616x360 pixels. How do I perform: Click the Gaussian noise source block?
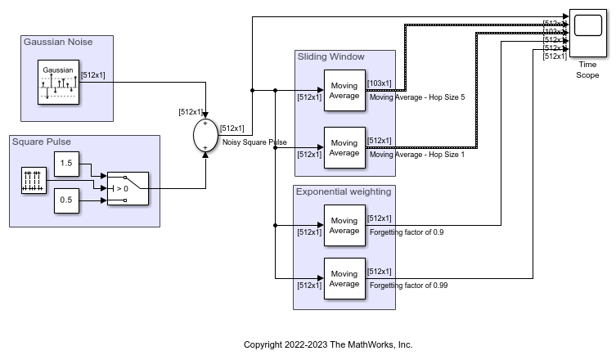point(58,83)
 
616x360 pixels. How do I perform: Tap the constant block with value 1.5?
point(67,164)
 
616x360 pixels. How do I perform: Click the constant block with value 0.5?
point(67,201)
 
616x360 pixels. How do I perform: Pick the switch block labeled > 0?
point(128,188)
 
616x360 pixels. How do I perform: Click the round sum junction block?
point(205,135)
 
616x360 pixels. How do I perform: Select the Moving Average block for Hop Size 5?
point(344,90)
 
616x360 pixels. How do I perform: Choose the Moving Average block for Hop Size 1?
point(344,147)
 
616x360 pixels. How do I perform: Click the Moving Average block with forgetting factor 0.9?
point(344,225)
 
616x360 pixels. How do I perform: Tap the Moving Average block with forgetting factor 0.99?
point(344,278)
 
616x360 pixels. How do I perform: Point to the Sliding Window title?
point(330,56)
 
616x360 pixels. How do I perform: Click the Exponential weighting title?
point(343,191)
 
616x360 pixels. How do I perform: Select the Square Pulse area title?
point(41,142)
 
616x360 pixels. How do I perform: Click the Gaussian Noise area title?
point(58,42)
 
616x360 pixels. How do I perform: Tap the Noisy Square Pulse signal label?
point(254,142)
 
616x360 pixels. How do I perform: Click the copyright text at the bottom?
point(328,344)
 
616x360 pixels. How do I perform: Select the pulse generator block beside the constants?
point(33,182)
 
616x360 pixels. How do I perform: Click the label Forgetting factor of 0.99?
point(408,286)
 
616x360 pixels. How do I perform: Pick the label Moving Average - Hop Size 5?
point(417,97)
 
